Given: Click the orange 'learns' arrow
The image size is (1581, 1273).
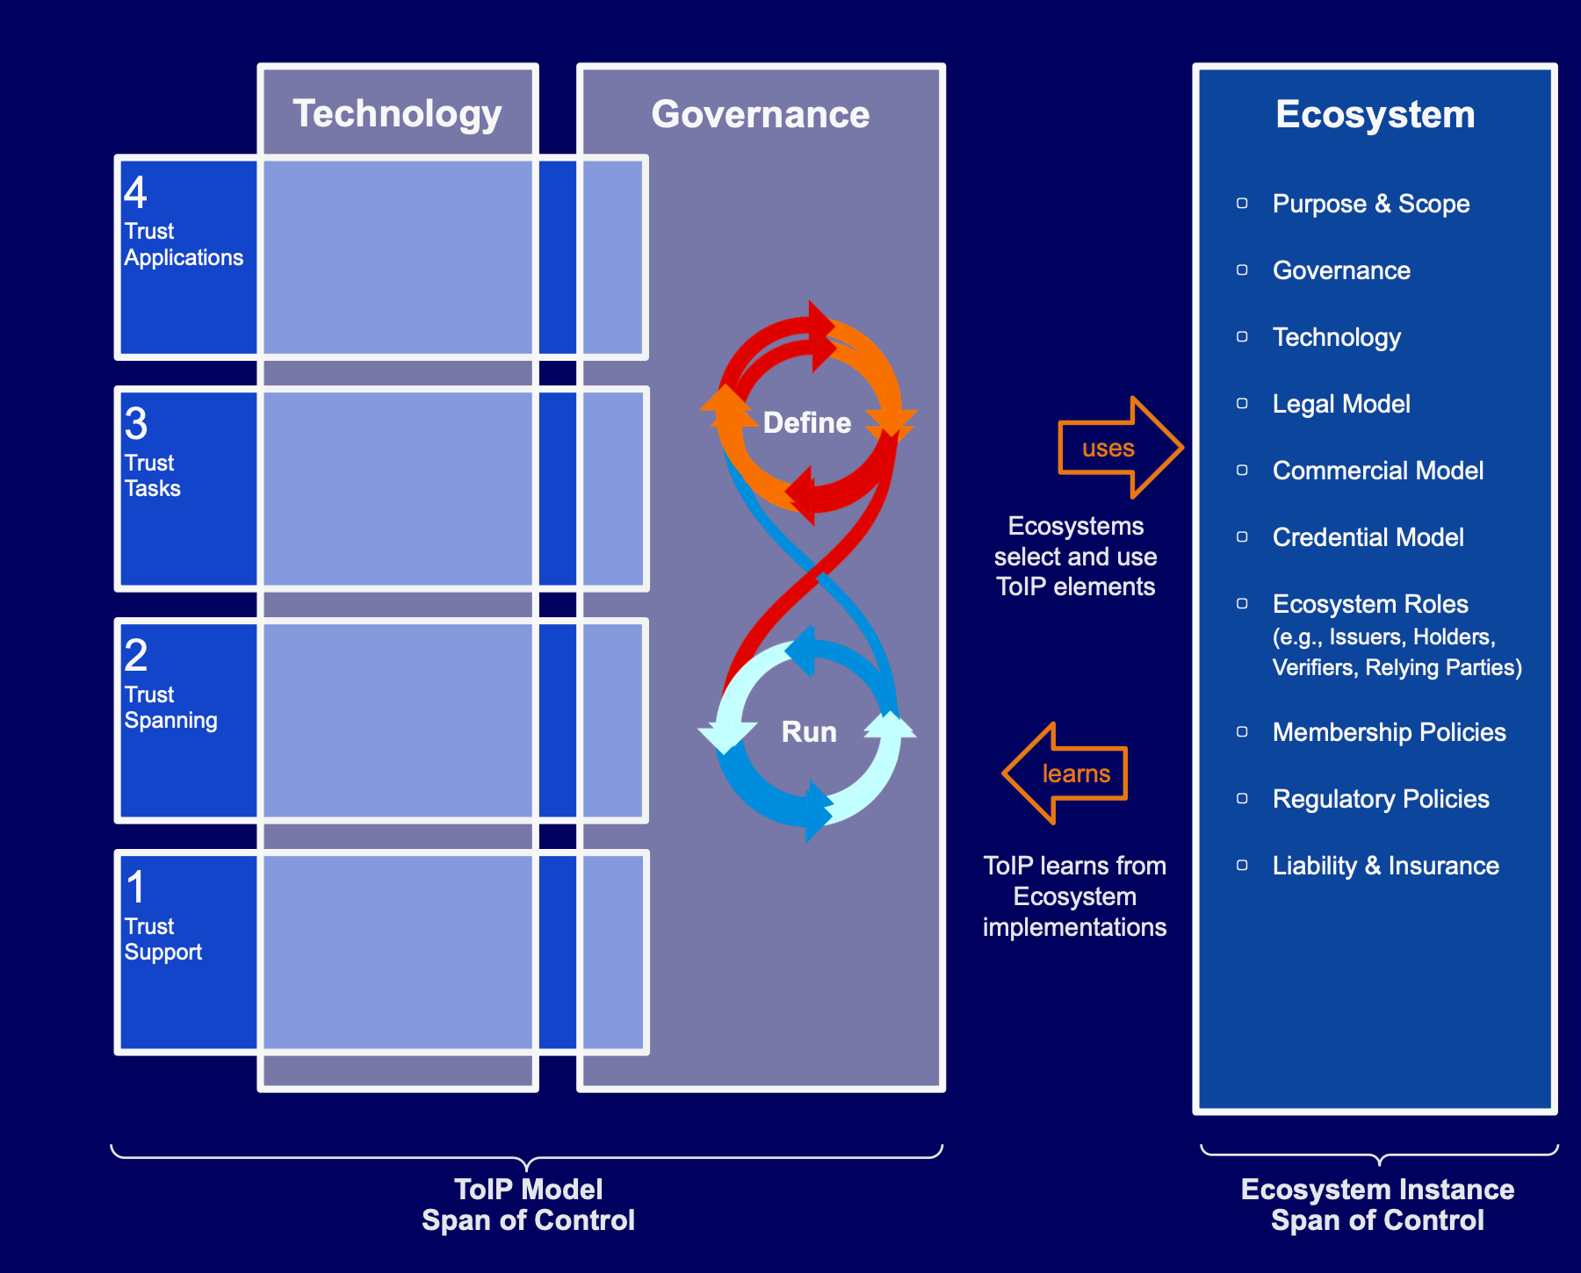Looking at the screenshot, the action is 1065,773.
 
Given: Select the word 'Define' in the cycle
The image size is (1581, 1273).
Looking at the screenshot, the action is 807,423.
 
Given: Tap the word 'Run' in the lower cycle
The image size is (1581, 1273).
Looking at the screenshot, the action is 809,732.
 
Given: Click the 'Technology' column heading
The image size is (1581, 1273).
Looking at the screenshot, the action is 397,114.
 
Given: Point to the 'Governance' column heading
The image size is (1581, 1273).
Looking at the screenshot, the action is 761,114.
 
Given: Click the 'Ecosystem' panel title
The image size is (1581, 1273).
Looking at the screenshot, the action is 1375,114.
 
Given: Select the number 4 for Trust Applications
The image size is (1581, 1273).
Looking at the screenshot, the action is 135,192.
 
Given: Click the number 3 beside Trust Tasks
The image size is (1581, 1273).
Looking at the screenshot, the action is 136,424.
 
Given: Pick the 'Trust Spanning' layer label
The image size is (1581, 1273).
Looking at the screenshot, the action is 170,708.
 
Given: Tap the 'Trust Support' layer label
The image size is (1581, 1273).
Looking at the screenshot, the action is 163,939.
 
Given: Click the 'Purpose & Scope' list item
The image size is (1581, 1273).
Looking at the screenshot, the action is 1371,204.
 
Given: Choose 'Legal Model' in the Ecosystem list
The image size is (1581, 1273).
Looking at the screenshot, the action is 1341,404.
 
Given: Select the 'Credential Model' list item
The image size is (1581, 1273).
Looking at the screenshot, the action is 1368,537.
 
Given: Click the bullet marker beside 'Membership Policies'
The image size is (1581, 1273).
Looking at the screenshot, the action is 1242,732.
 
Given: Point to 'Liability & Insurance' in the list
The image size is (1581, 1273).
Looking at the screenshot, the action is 1386,866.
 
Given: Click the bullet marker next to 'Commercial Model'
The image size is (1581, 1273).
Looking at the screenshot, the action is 1242,471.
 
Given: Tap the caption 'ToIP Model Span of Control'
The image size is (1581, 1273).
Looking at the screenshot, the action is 528,1205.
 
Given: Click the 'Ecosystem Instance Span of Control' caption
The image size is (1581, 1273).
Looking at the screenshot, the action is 1377,1205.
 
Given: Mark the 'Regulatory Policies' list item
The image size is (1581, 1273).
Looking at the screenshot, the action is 1381,799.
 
